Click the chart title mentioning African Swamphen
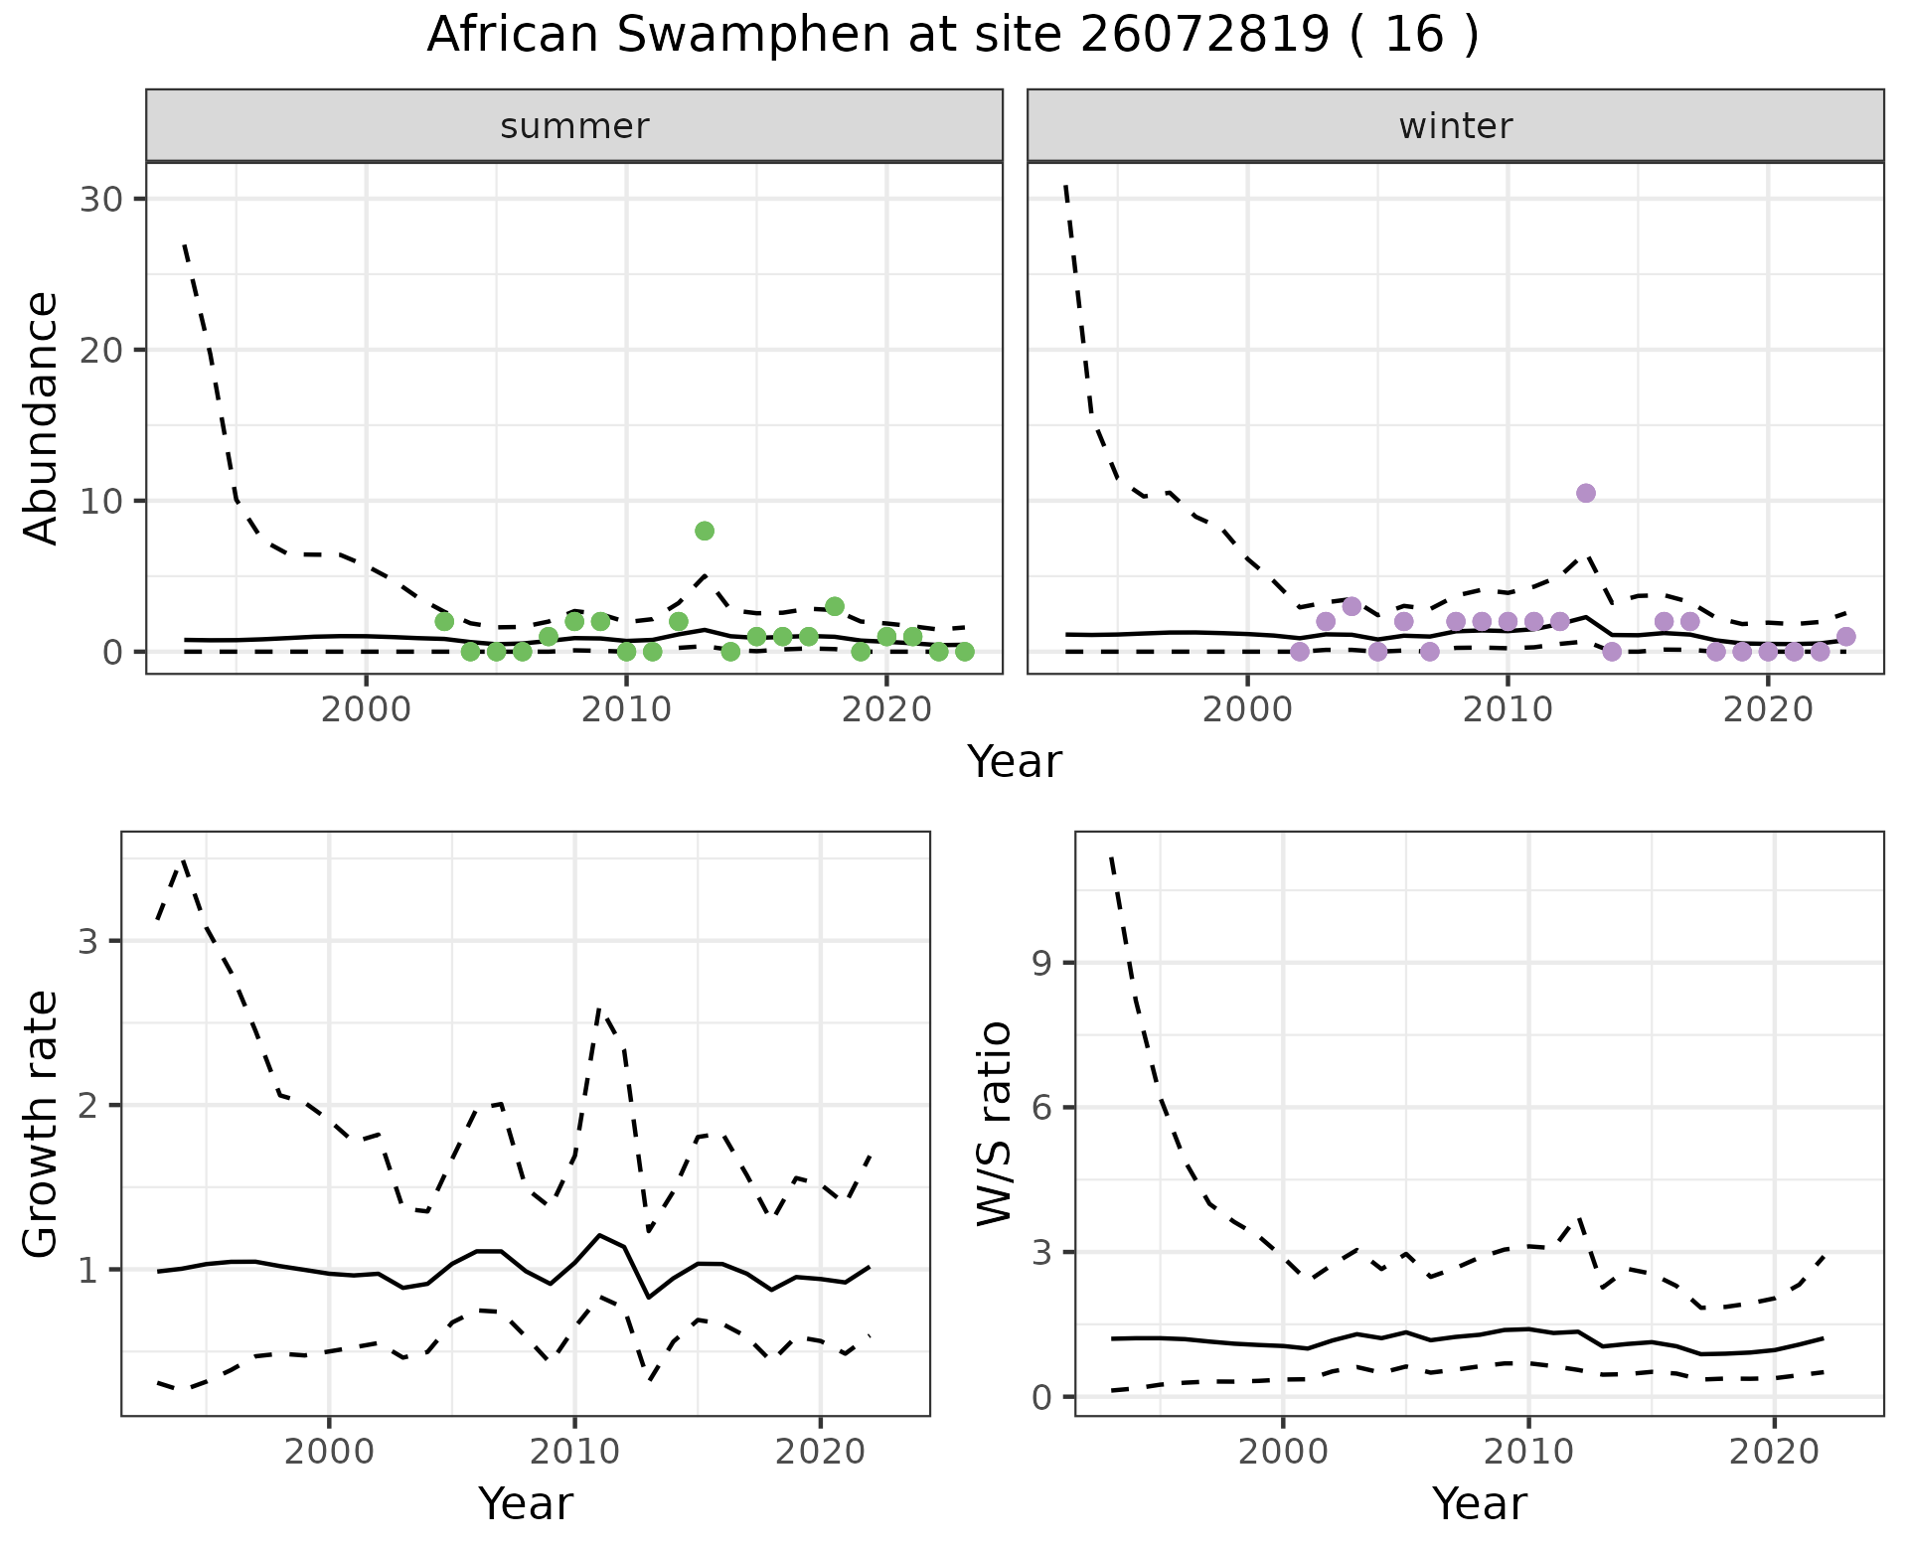[953, 36]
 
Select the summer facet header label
[574, 126]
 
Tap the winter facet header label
[1455, 126]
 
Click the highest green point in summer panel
[705, 531]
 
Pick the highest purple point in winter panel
[1586, 494]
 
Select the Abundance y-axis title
[42, 417]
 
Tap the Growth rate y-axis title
[42, 1123]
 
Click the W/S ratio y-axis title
[994, 1123]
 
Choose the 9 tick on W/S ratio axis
[1041, 963]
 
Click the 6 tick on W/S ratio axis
[1041, 1107]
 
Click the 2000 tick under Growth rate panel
[329, 1452]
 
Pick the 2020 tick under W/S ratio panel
[1774, 1452]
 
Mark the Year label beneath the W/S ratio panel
[1479, 1503]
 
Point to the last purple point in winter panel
[1846, 637]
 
